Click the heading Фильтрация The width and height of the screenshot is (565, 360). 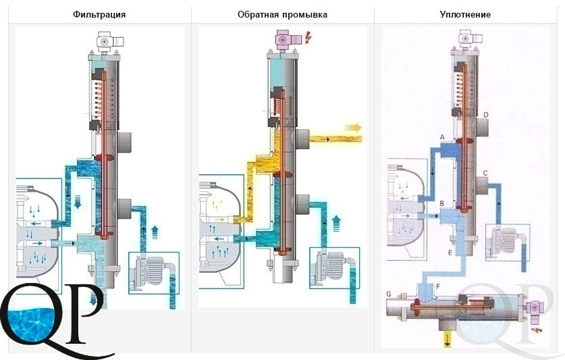(99, 15)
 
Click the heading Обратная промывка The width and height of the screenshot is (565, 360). (282, 15)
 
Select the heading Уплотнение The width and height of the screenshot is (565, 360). (465, 15)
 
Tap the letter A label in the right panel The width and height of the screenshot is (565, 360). (442, 137)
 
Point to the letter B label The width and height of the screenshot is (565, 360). (442, 204)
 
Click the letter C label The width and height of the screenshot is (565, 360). (485, 173)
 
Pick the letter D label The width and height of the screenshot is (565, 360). (486, 115)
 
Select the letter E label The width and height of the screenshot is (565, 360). (450, 253)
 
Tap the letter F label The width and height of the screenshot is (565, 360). (438, 287)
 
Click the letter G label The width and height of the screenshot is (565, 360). (388, 294)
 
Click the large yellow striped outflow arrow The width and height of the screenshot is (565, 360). (353, 128)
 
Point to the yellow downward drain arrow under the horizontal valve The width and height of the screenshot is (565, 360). (447, 339)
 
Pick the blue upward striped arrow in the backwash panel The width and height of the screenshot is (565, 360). (336, 223)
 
